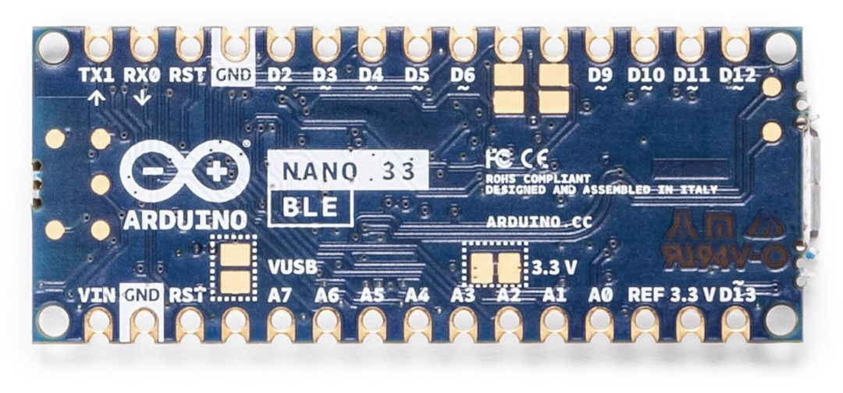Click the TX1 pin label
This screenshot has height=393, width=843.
[x=97, y=76]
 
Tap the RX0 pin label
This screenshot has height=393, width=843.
[x=143, y=76]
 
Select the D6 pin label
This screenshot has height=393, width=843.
[x=463, y=76]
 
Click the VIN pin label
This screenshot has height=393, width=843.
[x=97, y=296]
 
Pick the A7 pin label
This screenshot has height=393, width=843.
[x=280, y=296]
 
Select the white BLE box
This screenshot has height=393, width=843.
[x=311, y=207]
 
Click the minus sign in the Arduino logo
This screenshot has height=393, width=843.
[x=156, y=171]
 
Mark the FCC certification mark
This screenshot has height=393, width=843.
[x=498, y=158]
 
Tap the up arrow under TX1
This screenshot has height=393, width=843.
[x=97, y=97]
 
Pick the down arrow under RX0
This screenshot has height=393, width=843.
[x=143, y=97]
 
